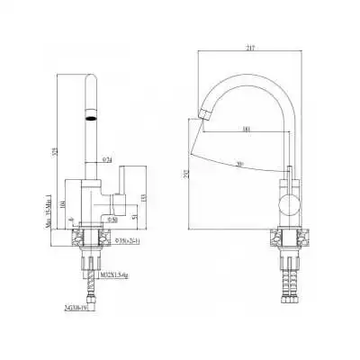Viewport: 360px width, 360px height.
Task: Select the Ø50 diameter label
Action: pyautogui.click(x=113, y=219)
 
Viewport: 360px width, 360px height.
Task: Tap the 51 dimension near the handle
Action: pyautogui.click(x=134, y=217)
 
